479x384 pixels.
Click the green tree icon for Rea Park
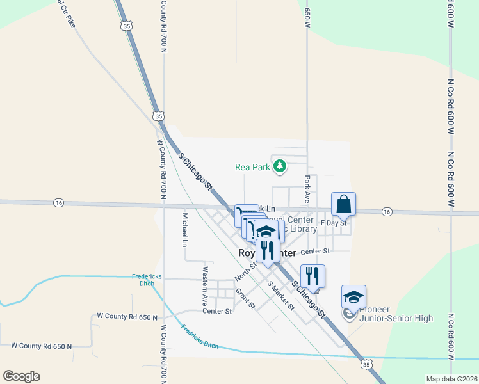pos(280,167)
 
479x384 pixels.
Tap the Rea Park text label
pos(250,167)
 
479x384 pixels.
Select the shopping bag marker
pos(343,205)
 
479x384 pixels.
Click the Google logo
pos(21,376)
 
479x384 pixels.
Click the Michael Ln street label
pos(184,230)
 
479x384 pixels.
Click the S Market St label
pos(280,296)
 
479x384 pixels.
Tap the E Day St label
pos(334,223)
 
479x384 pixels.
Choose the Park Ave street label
pos(307,189)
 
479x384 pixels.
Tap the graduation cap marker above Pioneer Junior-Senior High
pos(353,297)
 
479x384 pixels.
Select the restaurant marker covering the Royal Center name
pos(268,250)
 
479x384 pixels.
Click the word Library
pos(303,229)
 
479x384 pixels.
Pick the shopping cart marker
pos(246,214)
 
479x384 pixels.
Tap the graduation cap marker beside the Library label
pos(266,231)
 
